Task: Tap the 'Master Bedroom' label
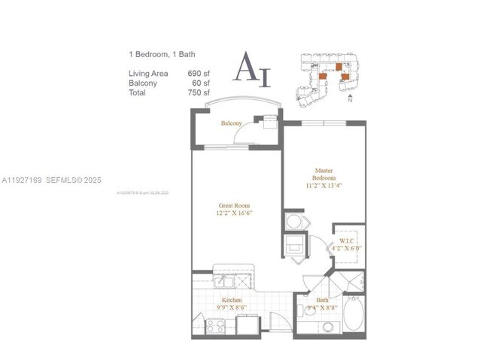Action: (324, 174)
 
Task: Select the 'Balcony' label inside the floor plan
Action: (231, 123)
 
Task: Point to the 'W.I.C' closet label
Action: (346, 240)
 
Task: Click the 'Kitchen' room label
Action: (231, 300)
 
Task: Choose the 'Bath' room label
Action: (321, 300)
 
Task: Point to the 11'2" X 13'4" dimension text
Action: (324, 186)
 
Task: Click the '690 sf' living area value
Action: (199, 74)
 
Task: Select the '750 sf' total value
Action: (199, 93)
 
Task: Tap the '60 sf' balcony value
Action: (201, 83)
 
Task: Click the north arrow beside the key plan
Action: (350, 98)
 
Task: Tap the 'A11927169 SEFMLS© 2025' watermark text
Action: (50, 180)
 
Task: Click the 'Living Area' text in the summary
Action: (147, 74)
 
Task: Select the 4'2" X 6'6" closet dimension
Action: (346, 248)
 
